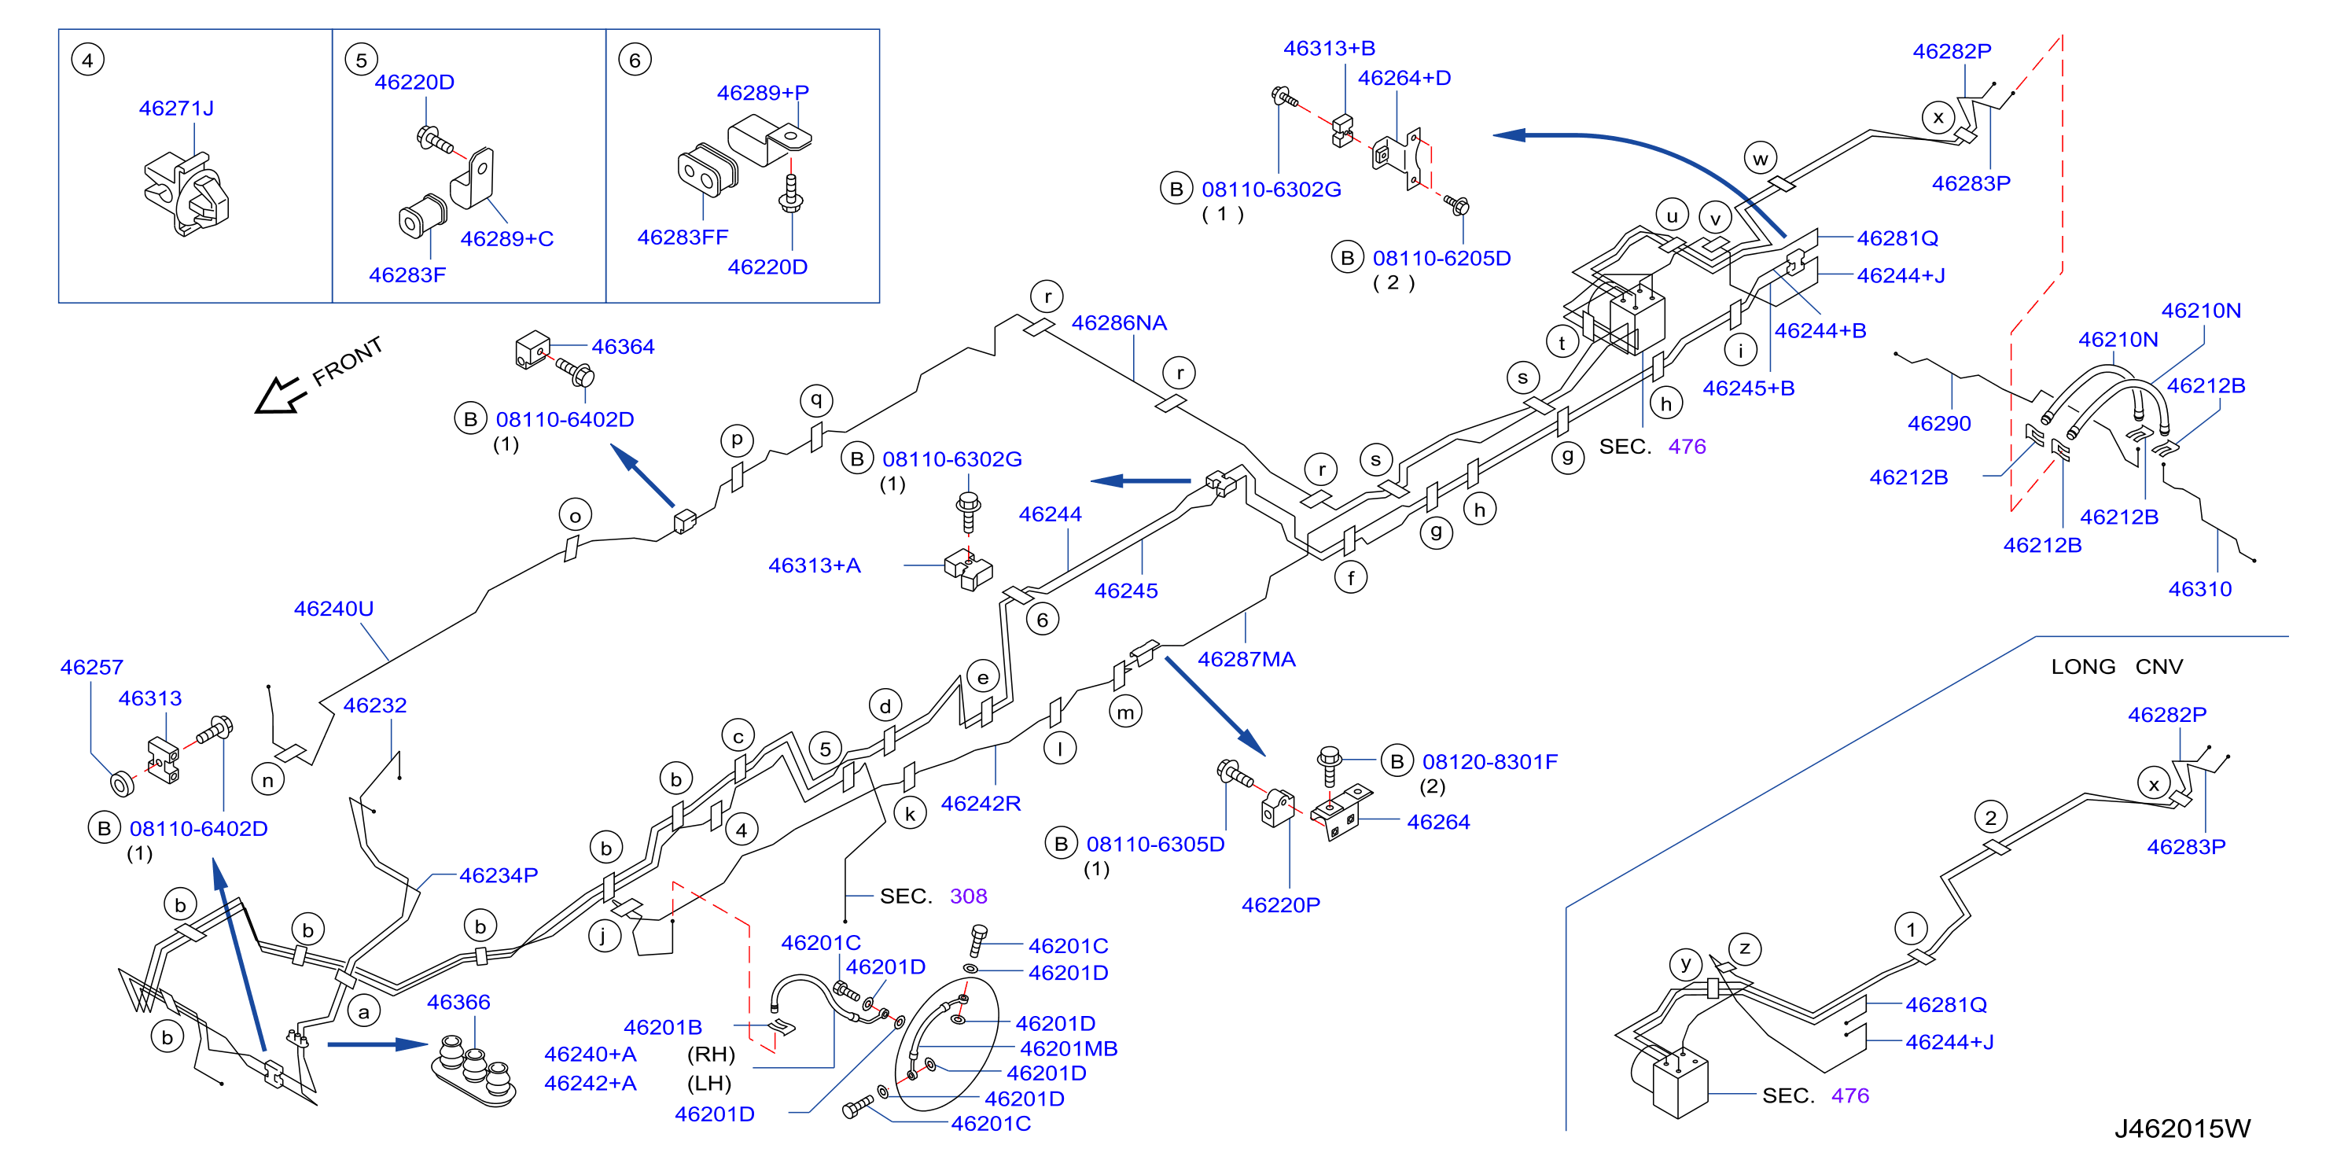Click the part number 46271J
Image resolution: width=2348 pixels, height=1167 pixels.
click(176, 109)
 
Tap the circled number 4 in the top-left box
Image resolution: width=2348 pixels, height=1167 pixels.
click(87, 61)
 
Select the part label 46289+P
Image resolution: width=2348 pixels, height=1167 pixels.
click(763, 93)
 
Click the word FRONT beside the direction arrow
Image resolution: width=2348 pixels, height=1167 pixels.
click(348, 362)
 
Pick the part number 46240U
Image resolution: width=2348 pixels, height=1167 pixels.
click(333, 609)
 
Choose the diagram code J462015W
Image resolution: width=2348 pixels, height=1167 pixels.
click(2182, 1128)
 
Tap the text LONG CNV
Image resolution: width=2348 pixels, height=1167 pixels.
click(2117, 667)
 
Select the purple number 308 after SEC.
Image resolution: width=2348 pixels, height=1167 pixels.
click(968, 896)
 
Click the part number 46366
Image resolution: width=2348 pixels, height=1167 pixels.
click(458, 1003)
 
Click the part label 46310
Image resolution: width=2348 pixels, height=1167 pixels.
click(2200, 589)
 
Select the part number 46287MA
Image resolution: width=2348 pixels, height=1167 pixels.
click(1247, 659)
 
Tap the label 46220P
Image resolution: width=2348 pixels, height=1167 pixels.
click(1281, 905)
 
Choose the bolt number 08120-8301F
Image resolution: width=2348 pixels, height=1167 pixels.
click(1490, 761)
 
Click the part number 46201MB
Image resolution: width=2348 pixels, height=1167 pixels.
click(1069, 1049)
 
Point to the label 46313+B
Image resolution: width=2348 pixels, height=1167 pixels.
click(1329, 48)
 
